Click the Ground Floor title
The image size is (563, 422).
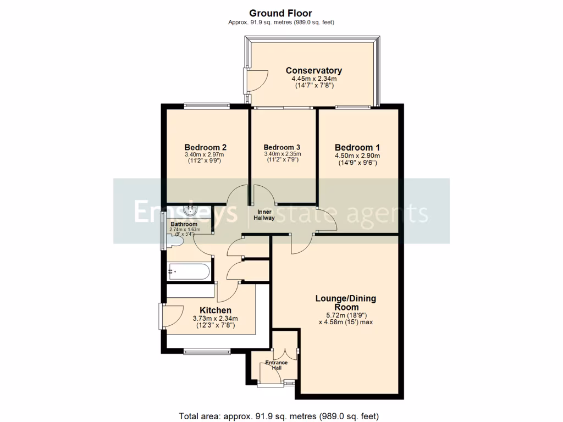pos(281,13)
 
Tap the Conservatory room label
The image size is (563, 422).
pos(313,70)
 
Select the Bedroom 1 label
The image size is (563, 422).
pos(357,147)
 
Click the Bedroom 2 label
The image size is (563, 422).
pos(206,147)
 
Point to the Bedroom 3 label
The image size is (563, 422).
pos(281,147)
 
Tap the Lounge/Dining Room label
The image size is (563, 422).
pos(345,303)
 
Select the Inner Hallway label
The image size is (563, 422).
pos(264,215)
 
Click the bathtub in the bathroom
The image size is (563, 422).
pos(188,271)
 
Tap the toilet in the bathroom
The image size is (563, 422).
pos(177,241)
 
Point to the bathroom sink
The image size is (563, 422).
pos(191,210)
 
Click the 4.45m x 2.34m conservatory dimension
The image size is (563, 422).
pos(313,79)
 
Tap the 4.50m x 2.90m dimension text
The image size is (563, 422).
pos(357,156)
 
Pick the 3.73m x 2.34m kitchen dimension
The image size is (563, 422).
pos(215,319)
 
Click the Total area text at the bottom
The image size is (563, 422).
pos(279,415)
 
